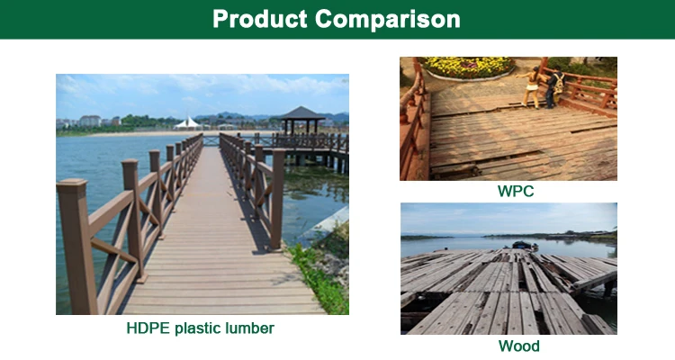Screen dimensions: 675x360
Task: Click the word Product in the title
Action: [260, 19]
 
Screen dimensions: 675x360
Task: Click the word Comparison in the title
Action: [387, 19]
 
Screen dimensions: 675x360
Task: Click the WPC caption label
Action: [516, 191]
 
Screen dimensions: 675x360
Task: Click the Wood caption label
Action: [518, 346]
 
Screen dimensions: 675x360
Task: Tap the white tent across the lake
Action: [188, 123]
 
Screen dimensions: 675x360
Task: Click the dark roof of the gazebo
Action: [301, 113]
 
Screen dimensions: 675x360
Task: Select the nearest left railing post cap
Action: [71, 185]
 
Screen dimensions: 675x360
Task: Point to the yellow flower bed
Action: [468, 67]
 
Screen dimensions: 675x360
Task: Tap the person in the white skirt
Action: [531, 87]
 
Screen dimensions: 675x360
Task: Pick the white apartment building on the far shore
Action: [90, 121]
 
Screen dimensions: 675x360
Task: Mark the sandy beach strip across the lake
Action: [172, 133]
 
